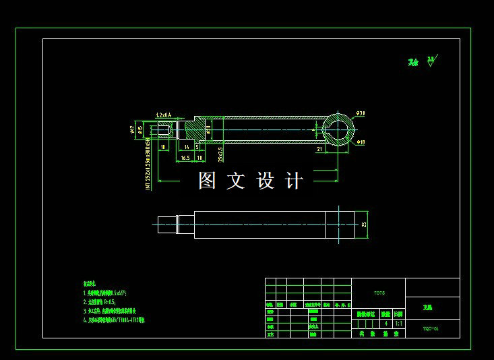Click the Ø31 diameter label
[360, 113]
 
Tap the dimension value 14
[186, 146]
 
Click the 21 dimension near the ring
[320, 149]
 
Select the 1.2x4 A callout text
[163, 115]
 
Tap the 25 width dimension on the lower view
[364, 224]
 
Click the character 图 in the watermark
[207, 181]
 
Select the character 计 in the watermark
[295, 181]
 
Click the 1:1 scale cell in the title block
[398, 323]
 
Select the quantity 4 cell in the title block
[385, 323]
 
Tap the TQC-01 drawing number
[431, 329]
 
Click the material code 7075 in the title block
[379, 293]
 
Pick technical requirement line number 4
[114, 322]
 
